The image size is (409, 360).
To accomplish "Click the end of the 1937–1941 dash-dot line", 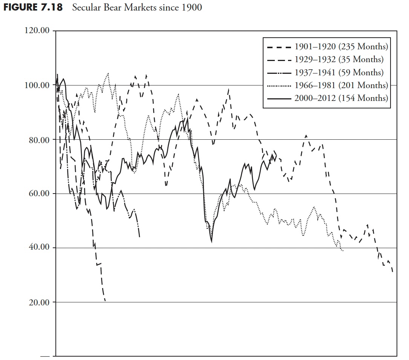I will tap(140, 236).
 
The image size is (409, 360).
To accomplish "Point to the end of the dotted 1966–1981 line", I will tap(343, 250).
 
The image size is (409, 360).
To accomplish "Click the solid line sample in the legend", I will tap(279, 99).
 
